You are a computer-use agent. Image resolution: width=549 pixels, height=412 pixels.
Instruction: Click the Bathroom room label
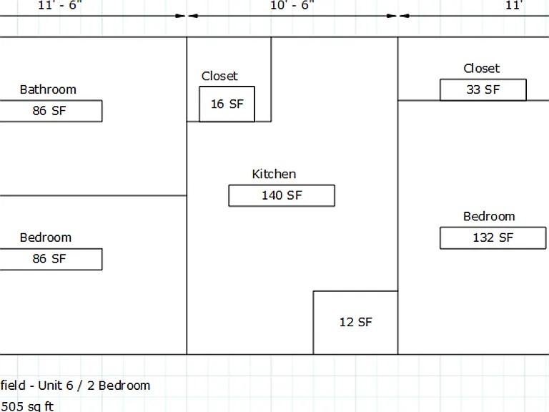coord(48,89)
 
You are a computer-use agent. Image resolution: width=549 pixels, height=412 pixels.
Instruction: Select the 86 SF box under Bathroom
coord(51,111)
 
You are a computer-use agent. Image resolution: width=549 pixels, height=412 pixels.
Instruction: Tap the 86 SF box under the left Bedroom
coord(51,259)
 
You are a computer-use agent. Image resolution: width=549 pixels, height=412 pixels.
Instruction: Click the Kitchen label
coord(274,174)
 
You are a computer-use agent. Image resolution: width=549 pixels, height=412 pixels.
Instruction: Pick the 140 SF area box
coord(282,195)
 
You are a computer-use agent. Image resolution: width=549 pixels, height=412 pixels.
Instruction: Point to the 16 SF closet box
coord(227,104)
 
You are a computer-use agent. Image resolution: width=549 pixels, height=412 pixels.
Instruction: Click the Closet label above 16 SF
coord(219,76)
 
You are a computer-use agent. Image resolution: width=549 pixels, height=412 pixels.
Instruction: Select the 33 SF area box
coord(483,89)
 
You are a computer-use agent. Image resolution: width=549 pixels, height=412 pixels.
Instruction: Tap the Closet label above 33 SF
coord(481,69)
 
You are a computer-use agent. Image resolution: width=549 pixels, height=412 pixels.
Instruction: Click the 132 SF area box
coord(493,238)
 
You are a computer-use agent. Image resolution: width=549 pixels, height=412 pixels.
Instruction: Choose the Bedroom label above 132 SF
coord(489,217)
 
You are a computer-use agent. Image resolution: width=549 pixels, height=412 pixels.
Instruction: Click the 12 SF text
coord(356,322)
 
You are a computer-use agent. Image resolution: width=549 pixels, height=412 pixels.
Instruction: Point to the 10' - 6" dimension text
coord(292,5)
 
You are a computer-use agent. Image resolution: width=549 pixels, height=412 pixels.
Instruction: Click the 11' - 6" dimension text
coord(59,5)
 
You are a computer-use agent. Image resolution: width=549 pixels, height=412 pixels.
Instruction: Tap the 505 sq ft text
coord(27,406)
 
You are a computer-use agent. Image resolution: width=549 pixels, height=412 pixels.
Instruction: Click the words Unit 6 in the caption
coord(56,386)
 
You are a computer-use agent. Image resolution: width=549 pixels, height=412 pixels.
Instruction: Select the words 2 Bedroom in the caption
coord(119,386)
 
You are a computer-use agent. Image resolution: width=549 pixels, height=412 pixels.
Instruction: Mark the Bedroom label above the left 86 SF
coord(46,237)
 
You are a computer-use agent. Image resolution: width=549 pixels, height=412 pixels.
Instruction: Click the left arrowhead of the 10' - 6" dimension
coord(193,16)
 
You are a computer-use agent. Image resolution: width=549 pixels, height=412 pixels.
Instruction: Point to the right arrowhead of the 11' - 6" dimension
coord(180,16)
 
